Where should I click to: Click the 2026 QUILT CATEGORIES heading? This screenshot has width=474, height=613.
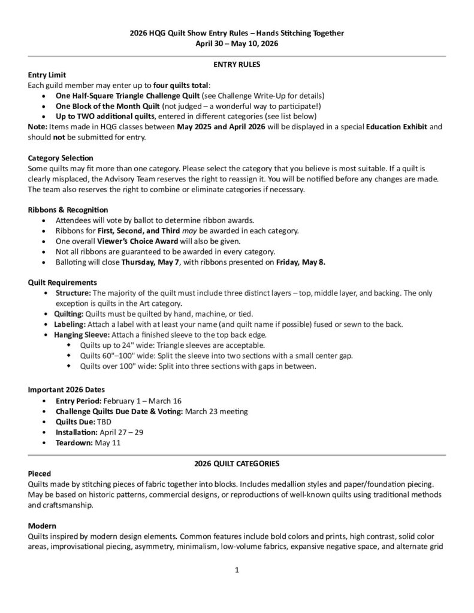pyautogui.click(x=237, y=463)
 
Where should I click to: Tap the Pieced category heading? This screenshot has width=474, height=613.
pyautogui.click(x=40, y=474)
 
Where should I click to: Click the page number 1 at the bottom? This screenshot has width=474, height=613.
pyautogui.click(x=237, y=570)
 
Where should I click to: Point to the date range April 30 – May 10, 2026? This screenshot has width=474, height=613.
pyautogui.click(x=237, y=43)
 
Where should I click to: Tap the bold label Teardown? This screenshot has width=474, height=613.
pyautogui.click(x=74, y=443)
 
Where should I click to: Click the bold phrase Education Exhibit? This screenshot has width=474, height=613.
pyautogui.click(x=395, y=127)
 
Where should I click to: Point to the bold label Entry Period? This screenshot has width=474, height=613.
pyautogui.click(x=79, y=400)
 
